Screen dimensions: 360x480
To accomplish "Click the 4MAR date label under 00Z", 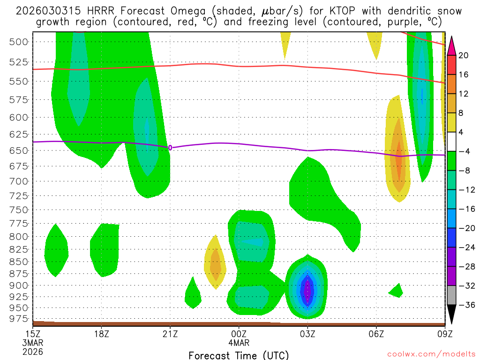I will [239, 342].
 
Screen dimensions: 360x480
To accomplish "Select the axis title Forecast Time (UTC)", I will [239, 355].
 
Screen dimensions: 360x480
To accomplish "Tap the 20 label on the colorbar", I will [464, 55].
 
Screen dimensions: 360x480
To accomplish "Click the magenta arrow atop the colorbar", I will [451, 45].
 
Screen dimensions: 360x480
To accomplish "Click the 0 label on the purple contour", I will [170, 148].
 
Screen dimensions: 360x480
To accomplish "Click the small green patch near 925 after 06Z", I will [397, 292].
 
